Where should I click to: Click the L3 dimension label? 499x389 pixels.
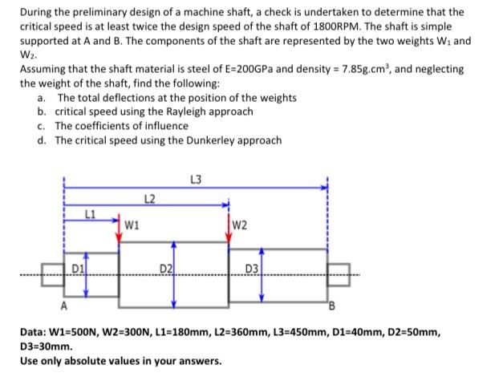[x=197, y=178]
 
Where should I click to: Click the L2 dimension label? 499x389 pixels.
[x=148, y=197]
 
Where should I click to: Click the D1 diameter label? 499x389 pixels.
[x=79, y=265]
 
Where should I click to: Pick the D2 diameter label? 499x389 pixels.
[x=165, y=266]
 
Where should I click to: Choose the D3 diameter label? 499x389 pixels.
[x=251, y=266]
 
